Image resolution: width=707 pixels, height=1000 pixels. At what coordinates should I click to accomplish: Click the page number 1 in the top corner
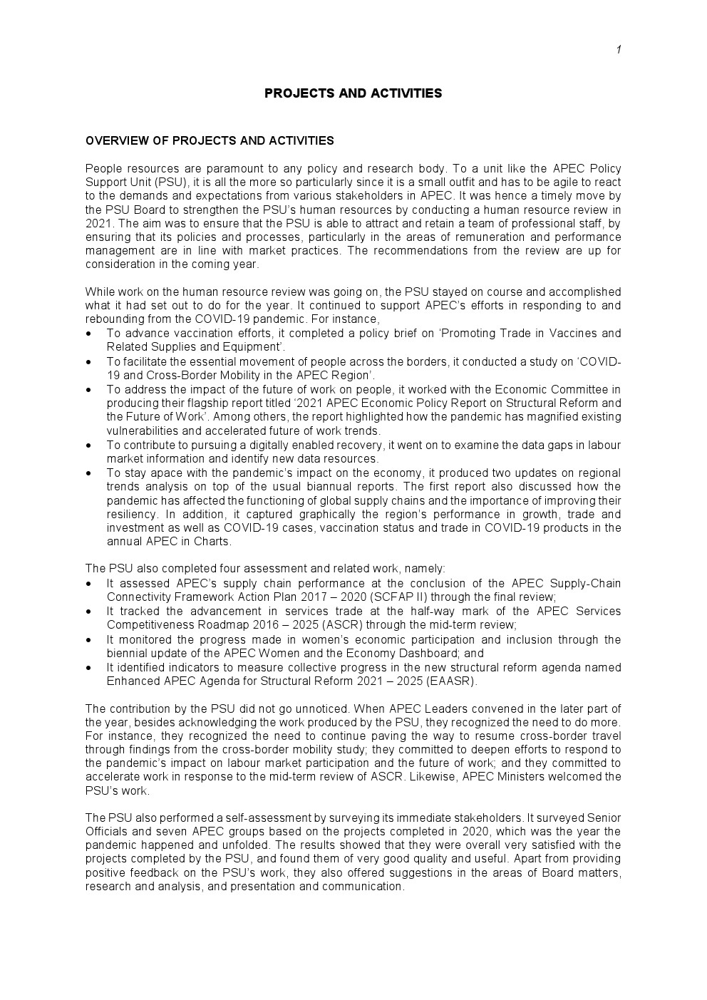coord(619,49)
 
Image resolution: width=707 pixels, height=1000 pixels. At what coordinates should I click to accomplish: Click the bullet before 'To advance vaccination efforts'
coord(88,334)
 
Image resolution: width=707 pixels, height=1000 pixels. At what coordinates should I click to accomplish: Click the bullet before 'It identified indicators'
coord(88,668)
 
